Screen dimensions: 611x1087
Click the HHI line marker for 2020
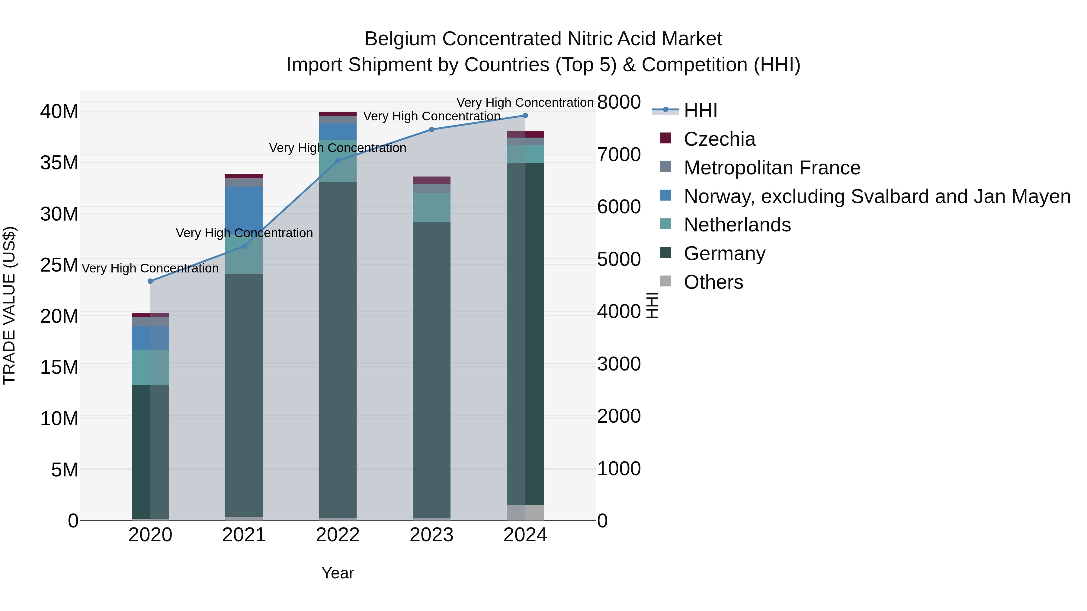pyautogui.click(x=150, y=281)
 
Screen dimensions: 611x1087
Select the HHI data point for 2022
pyautogui.click(x=338, y=161)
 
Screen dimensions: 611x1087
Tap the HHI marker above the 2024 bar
pyautogui.click(x=525, y=116)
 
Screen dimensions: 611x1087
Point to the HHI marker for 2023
pyautogui.click(x=431, y=129)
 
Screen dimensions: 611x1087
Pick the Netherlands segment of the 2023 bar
pyautogui.click(x=431, y=208)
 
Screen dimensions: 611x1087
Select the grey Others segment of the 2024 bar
pyautogui.click(x=525, y=513)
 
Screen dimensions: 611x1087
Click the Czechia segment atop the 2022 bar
pyautogui.click(x=338, y=114)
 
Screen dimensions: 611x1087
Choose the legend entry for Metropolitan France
pyautogui.click(x=771, y=168)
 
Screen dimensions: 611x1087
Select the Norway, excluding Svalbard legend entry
pyautogui.click(x=877, y=196)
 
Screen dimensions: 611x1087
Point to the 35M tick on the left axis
pyautogui.click(x=59, y=163)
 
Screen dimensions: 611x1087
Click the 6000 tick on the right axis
pyautogui.click(x=619, y=207)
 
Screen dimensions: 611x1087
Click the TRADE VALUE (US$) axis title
pyautogui.click(x=9, y=306)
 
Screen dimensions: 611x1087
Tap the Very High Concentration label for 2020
pyautogui.click(x=150, y=269)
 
